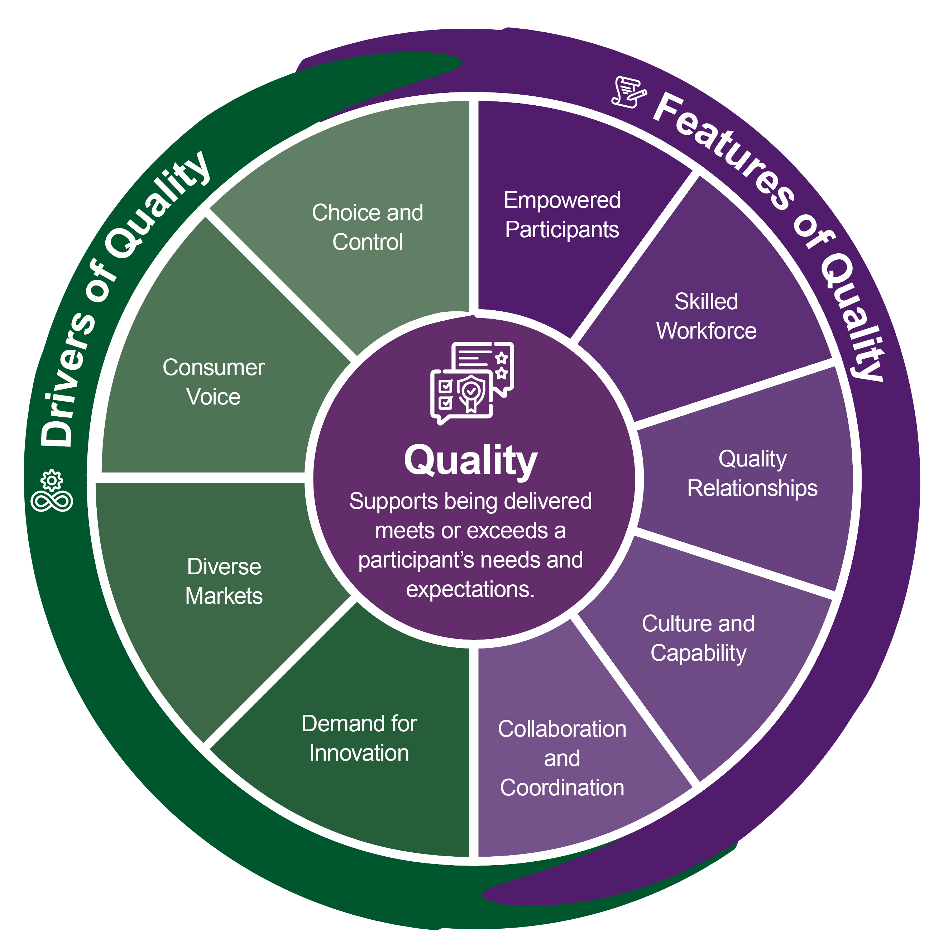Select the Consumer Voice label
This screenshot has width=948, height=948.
pyautogui.click(x=214, y=382)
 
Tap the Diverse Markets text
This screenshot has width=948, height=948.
pyautogui.click(x=224, y=581)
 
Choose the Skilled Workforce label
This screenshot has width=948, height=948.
pyautogui.click(x=706, y=316)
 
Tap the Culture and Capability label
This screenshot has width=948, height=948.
pyautogui.click(x=698, y=638)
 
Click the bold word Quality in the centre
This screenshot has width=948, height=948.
pyautogui.click(x=470, y=461)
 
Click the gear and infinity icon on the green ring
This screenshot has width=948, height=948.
pyautogui.click(x=52, y=491)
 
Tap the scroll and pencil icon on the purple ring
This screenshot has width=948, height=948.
pyautogui.click(x=628, y=92)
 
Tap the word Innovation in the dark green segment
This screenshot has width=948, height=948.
pyautogui.click(x=359, y=753)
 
